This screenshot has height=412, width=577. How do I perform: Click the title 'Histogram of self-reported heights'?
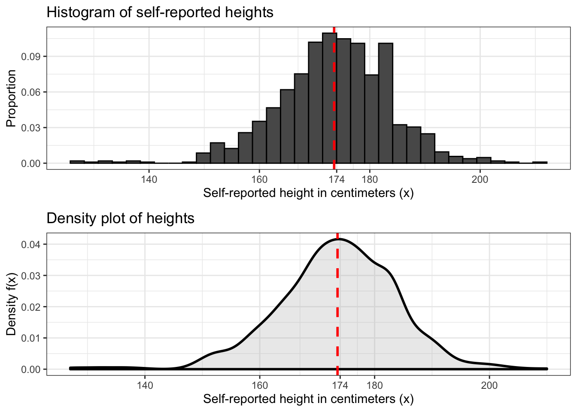coord(160,12)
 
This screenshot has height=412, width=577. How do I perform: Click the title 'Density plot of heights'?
coord(120,218)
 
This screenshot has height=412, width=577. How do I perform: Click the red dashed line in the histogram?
coord(334,107)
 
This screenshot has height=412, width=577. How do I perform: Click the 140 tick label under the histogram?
coord(149,179)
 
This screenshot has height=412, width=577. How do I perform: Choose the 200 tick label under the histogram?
coord(480,179)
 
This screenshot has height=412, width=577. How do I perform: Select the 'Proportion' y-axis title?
coord(11,98)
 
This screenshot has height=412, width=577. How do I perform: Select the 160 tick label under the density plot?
coord(260,385)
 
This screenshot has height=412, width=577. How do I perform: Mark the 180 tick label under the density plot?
coord(374,385)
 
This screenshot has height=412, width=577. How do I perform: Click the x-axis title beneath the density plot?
coord(308,399)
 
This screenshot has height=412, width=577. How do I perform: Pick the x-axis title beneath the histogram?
coord(308,193)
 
